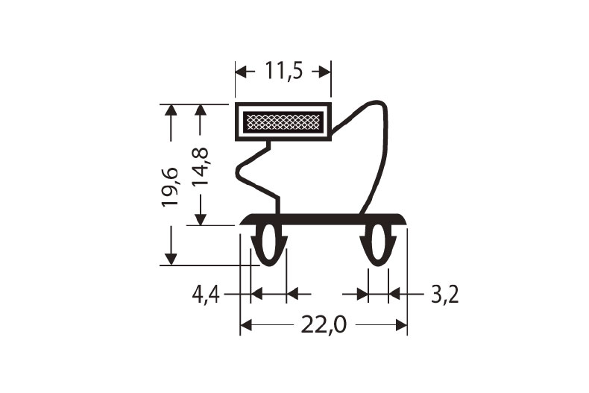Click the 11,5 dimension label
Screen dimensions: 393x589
pyautogui.click(x=283, y=71)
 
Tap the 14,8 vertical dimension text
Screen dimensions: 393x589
pyautogui.click(x=200, y=166)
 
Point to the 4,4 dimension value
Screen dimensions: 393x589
pyautogui.click(x=206, y=295)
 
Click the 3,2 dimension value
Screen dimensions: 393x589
pyautogui.click(x=444, y=295)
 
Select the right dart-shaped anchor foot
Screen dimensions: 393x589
pyautogui.click(x=379, y=245)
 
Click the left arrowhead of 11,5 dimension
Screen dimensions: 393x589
pyautogui.click(x=242, y=71)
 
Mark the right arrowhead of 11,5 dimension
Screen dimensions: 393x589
pyautogui.click(x=325, y=71)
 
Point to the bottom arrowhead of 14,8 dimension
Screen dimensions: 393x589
pyautogui.click(x=200, y=219)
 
